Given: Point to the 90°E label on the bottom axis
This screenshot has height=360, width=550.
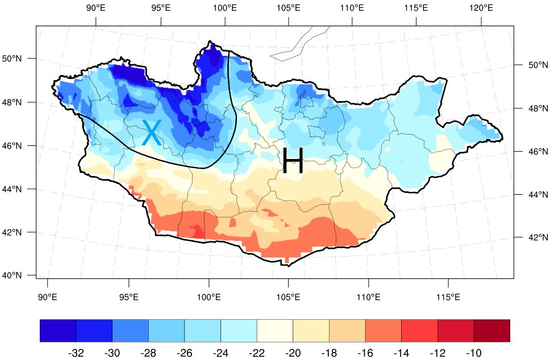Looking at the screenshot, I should [x=48, y=297].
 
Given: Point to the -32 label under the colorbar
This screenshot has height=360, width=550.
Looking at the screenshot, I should [x=76, y=353].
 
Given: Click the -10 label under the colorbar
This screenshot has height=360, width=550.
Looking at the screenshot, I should [x=473, y=353].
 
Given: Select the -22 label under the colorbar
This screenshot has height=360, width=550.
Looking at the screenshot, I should [x=257, y=353].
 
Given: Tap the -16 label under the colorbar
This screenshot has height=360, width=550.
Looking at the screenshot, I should [x=365, y=353].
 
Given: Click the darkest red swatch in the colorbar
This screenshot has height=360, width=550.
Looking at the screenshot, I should [x=492, y=330].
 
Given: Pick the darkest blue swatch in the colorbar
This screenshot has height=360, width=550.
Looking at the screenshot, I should [x=58, y=330].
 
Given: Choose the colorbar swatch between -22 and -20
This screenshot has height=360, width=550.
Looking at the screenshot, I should [x=275, y=330].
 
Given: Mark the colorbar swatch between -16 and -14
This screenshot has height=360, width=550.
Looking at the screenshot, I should [x=384, y=330].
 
